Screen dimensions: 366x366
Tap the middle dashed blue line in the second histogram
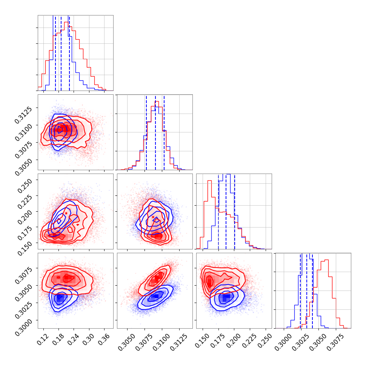click(155, 132)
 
